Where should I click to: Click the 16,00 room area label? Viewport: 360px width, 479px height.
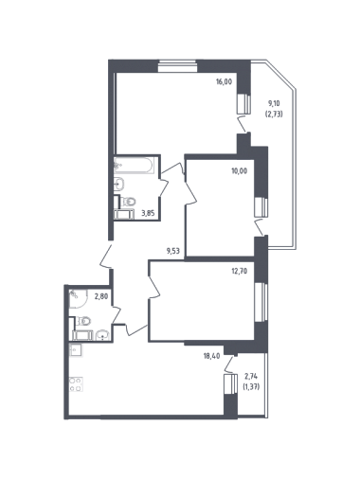coord(224,81)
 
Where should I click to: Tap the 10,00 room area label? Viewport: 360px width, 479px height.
coord(240,171)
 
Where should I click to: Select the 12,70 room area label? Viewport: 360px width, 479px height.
coord(240,271)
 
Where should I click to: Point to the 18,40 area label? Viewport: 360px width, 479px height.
coord(211,356)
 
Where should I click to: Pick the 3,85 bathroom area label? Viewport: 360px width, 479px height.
coord(148,213)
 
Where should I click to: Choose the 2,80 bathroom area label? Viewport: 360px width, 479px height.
coord(100,295)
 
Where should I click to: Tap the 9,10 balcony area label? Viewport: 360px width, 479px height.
coord(274,103)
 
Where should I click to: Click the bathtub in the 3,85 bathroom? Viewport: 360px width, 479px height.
coord(135,165)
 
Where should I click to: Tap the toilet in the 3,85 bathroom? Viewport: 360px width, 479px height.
coord(129,201)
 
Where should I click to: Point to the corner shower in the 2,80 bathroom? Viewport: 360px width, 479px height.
coord(78,298)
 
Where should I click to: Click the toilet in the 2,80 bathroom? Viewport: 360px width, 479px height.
coord(83,321)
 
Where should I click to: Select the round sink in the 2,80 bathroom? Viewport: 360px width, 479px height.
coord(102,335)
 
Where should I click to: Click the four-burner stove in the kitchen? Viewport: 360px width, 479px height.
coord(76,384)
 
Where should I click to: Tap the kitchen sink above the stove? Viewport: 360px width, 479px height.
coord(76,350)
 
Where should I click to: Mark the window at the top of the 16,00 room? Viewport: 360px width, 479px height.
coord(177,66)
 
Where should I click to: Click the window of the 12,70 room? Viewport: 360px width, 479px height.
coord(261,302)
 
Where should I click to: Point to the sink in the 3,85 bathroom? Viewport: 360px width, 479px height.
coord(119,184)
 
